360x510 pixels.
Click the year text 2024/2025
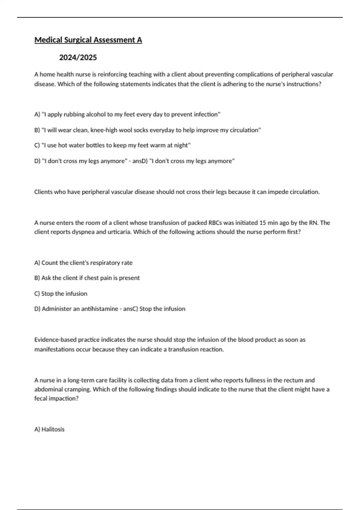[78, 58]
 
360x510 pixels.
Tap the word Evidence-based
[55, 340]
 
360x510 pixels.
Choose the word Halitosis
[53, 430]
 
